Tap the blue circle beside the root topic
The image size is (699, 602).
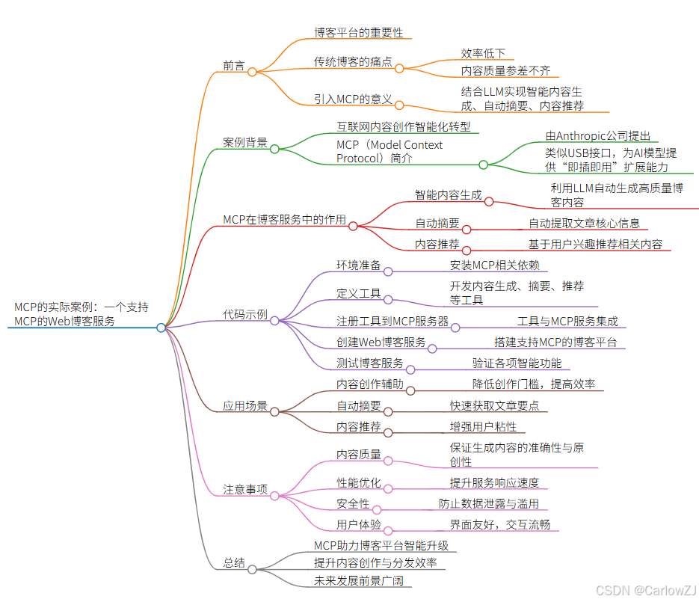161,328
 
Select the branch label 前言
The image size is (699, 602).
234,66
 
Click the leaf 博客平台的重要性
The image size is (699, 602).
358,33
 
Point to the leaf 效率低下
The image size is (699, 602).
483,53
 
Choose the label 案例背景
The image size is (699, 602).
245,142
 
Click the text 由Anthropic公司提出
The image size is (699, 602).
598,136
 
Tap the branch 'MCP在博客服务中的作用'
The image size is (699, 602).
285,219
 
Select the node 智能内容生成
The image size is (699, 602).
449,194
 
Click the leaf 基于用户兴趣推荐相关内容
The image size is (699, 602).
595,245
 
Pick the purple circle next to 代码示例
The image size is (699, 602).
274,321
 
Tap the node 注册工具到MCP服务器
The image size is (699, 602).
392,322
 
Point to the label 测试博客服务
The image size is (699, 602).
370,363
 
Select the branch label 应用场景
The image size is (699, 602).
245,406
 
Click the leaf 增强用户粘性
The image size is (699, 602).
483,427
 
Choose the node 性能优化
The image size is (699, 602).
359,483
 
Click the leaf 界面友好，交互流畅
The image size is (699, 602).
499,524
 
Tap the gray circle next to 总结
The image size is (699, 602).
252,570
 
